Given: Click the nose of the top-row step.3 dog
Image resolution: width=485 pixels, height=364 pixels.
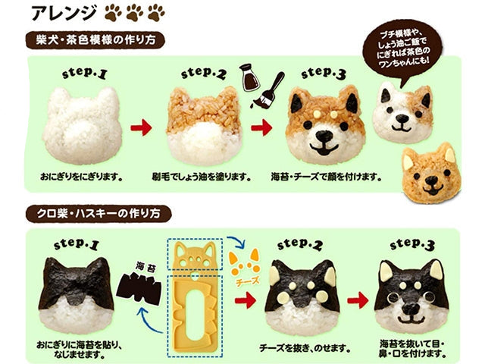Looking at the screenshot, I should point(326,137).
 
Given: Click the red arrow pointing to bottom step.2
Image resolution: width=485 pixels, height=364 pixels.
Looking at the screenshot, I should point(245,302).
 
